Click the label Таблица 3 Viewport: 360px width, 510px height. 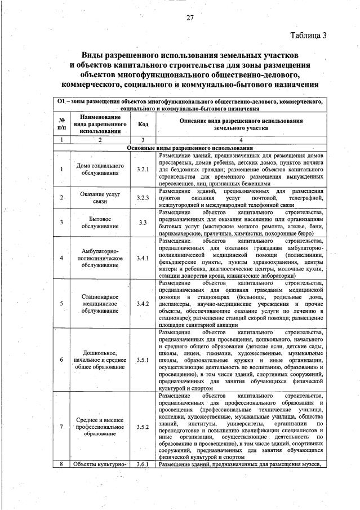[x=308, y=36]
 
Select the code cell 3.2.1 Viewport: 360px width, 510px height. [x=143, y=170]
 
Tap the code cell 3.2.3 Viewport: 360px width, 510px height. [x=143, y=198]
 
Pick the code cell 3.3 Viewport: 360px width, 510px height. [x=143, y=222]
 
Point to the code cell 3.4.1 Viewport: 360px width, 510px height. [x=143, y=258]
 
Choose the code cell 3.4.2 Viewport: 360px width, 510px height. [x=143, y=304]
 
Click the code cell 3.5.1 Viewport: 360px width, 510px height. [x=143, y=359]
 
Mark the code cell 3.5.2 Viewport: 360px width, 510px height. [x=143, y=427]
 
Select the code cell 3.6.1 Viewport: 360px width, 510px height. [x=143, y=464]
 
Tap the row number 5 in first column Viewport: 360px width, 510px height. [x=61, y=304]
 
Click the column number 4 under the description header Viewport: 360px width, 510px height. [x=241, y=139]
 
